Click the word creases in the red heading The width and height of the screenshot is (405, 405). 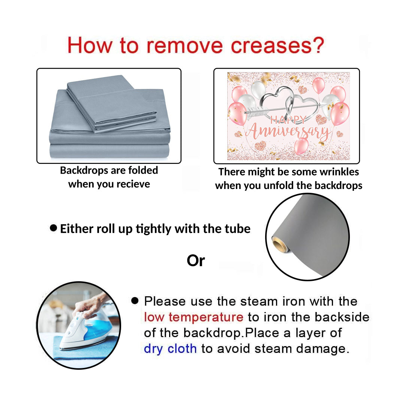pos(271,46)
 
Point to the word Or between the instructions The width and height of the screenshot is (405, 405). pos(196,261)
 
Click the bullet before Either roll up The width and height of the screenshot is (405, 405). pos(54,228)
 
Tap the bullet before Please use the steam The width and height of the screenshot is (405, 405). pos(135,300)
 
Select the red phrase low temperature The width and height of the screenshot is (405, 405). pos(193,317)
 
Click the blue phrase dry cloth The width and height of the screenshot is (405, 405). pos(170,349)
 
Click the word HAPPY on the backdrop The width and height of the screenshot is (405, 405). pos(288,120)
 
